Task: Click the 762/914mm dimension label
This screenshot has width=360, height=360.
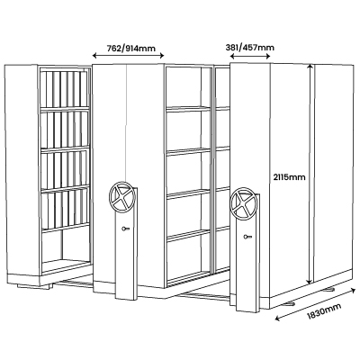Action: [131, 48]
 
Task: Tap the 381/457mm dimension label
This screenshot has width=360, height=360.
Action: [249, 48]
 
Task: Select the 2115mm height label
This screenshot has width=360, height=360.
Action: [289, 177]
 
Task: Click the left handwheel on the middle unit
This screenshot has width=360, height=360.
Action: [122, 197]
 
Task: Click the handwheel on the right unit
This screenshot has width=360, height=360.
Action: [243, 204]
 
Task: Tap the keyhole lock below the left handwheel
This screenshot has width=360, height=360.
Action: [125, 229]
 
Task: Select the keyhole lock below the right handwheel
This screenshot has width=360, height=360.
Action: [247, 237]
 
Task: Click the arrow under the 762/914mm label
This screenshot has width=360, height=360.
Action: [128, 55]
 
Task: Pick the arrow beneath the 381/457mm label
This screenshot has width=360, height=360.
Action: [250, 56]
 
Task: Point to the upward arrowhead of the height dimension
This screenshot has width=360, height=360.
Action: [310, 67]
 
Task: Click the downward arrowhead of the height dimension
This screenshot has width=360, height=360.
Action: [310, 281]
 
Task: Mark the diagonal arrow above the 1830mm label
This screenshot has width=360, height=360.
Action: [315, 304]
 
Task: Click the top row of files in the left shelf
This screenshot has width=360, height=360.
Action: [65, 88]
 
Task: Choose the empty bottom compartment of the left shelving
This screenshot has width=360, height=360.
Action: [66, 247]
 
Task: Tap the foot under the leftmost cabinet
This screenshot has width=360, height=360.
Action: [33, 286]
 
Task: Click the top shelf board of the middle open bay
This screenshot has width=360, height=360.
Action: [188, 109]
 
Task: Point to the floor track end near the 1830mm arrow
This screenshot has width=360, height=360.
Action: [329, 289]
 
